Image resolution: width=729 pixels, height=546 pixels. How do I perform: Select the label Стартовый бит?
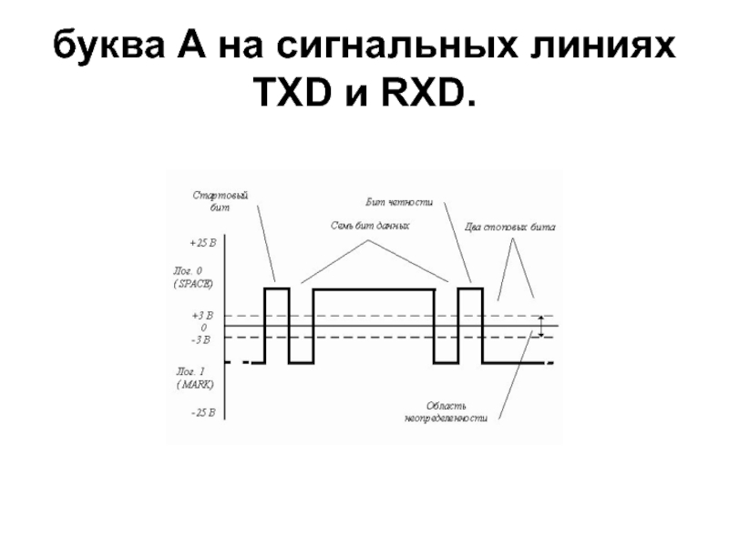click(x=221, y=201)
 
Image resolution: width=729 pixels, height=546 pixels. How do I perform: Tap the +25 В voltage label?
click(x=203, y=243)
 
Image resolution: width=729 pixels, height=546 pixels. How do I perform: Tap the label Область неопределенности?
click(x=446, y=411)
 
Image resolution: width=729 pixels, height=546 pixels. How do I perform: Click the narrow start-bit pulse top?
click(x=277, y=288)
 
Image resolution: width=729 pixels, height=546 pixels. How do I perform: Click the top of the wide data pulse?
click(x=373, y=288)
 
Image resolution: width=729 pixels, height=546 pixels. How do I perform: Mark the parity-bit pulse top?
click(x=469, y=288)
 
